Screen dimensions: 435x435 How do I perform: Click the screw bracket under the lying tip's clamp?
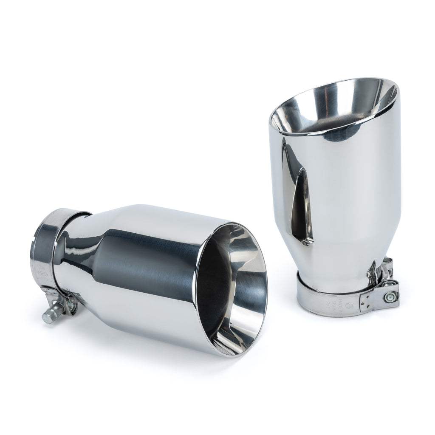tap(64, 304)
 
